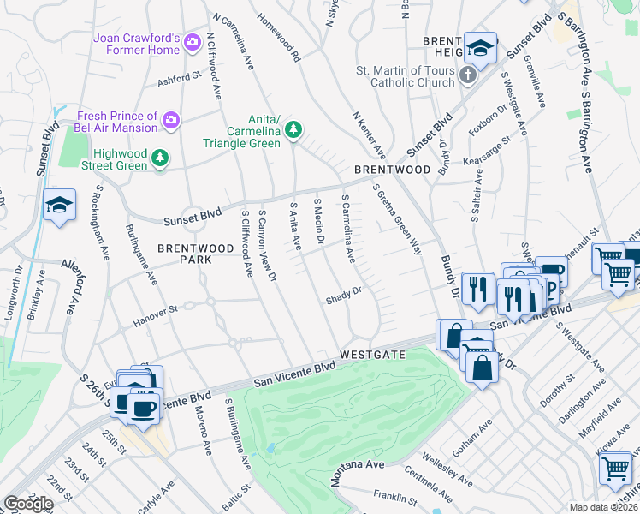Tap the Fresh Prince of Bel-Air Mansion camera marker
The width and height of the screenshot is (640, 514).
tap(171, 118)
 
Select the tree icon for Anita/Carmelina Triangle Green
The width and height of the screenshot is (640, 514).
tap(293, 129)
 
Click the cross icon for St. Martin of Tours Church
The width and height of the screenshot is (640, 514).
tap(467, 75)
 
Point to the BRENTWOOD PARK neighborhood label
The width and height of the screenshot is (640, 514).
tap(196, 254)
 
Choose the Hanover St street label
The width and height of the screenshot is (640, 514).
tap(155, 314)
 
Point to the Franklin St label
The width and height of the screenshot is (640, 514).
tap(394, 498)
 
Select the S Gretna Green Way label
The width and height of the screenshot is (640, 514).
tap(398, 219)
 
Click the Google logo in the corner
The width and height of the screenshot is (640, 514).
tap(28, 504)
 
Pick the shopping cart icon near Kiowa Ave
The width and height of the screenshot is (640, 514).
tap(616, 469)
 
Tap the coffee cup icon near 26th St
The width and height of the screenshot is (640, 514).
tap(143, 407)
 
